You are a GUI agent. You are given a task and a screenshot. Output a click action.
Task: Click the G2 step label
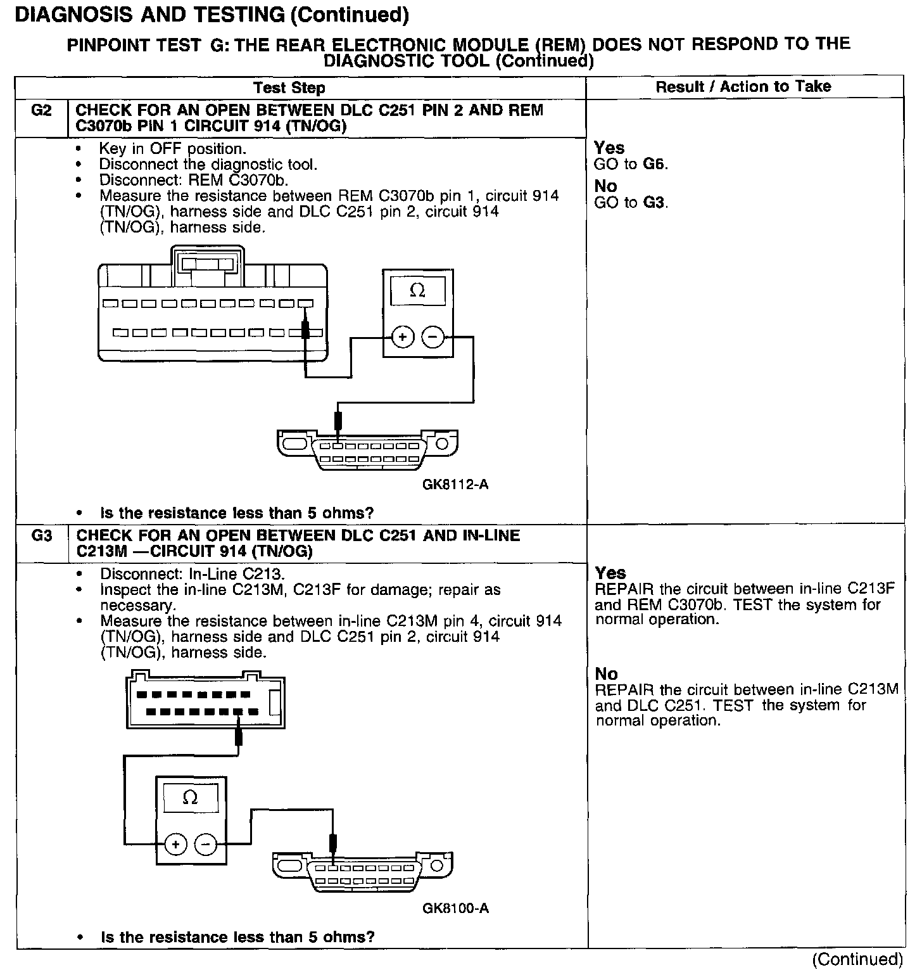click(41, 110)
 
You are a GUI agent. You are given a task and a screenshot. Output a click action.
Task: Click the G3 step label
click(42, 535)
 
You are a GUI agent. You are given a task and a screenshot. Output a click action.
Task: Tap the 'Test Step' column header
click(289, 88)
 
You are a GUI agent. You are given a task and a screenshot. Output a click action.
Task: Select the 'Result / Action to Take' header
click(743, 87)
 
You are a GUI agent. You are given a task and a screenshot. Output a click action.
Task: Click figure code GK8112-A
click(455, 485)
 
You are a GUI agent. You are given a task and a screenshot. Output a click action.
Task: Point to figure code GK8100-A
click(455, 908)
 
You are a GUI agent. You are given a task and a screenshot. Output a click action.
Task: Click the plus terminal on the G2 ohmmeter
click(403, 337)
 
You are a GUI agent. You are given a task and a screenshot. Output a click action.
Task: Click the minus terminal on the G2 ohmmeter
click(433, 337)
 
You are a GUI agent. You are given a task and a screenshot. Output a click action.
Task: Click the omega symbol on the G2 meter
click(417, 291)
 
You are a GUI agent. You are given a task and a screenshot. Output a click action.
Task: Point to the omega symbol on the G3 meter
click(190, 798)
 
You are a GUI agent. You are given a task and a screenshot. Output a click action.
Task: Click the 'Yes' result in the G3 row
click(610, 573)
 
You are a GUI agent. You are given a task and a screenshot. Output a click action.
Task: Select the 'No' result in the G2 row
click(605, 186)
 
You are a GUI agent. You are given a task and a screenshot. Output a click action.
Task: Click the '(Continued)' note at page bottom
click(857, 959)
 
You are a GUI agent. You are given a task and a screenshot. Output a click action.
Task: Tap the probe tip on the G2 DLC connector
click(338, 419)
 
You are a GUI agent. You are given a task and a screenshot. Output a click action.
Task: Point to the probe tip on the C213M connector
click(239, 736)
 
